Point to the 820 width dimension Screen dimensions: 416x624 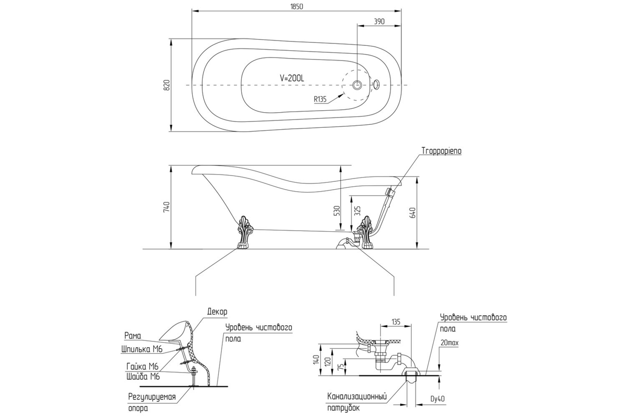pos(166,85)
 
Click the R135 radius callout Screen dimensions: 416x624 pos(320,99)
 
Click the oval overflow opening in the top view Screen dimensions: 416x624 pos(376,84)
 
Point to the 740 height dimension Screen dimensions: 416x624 pos(166,207)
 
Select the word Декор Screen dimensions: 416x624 pos(217,311)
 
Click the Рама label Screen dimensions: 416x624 pos(132,336)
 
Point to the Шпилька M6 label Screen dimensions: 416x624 pos(141,349)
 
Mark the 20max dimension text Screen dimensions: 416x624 pos(449,343)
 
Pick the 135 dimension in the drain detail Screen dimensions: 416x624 pos(395,322)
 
